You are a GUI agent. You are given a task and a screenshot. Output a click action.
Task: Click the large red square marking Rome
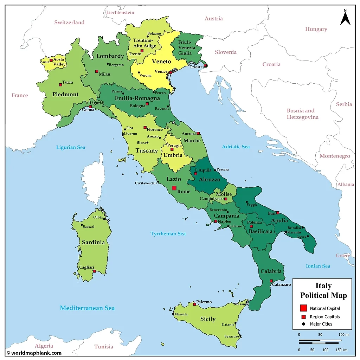tap(174, 188)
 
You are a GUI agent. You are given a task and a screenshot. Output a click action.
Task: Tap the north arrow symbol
tap(345, 18)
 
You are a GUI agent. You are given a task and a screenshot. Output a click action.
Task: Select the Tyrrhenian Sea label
tap(168, 233)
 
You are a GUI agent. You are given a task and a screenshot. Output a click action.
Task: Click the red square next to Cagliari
tap(94, 271)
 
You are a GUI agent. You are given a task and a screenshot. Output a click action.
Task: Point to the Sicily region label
tap(207, 319)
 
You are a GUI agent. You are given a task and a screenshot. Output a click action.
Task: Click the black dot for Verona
tap(139, 72)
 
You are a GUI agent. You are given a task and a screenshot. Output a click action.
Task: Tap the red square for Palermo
tap(194, 304)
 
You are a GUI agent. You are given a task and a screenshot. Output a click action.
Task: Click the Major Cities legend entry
tap(321, 324)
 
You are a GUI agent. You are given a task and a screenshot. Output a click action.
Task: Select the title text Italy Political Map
tap(323, 290)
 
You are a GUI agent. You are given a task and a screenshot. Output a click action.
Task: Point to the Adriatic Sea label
tap(236, 147)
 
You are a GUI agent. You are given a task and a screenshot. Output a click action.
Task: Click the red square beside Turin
tap(60, 84)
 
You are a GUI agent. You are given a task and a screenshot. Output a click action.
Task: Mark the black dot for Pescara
tap(215, 170)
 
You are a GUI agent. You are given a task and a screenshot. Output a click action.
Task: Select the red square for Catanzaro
tap(271, 281)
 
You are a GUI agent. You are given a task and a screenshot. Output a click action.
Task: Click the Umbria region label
tap(173, 155)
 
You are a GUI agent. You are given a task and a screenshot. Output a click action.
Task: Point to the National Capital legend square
tap(303, 308)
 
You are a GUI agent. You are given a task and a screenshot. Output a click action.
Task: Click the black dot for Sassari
tap(82, 225)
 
